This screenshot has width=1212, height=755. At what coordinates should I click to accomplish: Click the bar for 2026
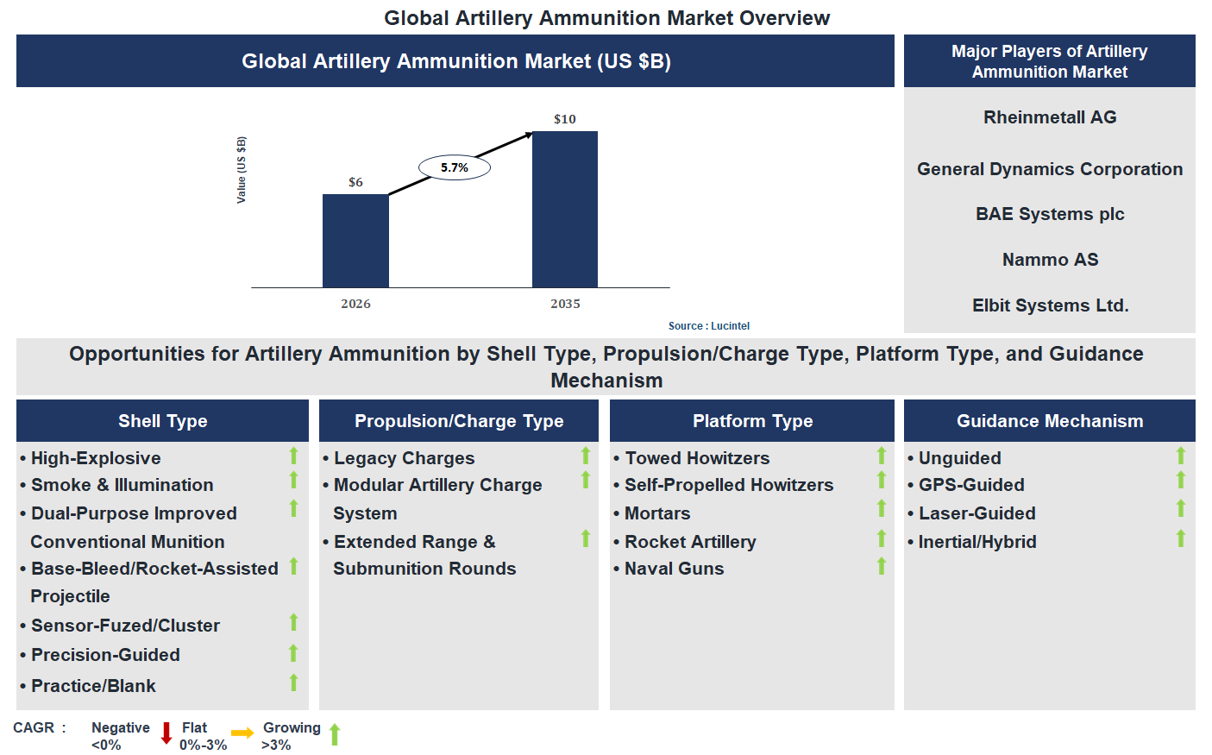click(355, 241)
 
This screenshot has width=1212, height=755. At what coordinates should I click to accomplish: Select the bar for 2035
click(565, 210)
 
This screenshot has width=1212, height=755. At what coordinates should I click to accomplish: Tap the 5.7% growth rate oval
click(455, 167)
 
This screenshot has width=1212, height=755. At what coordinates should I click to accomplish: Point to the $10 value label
click(565, 119)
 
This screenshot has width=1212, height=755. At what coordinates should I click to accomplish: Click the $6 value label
click(355, 182)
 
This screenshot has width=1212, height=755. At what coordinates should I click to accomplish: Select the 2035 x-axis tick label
click(565, 304)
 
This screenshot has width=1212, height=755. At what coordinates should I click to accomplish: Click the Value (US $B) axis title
click(242, 170)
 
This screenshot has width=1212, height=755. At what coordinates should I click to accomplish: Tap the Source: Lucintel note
click(709, 326)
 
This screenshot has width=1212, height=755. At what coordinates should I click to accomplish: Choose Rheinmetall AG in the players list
click(1050, 117)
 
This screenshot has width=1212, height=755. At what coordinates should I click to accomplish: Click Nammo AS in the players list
click(1050, 260)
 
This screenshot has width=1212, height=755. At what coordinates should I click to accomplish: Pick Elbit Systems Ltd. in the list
click(1050, 305)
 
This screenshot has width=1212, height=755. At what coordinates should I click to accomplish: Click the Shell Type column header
click(162, 421)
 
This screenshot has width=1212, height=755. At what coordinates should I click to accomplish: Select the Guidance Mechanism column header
click(1050, 421)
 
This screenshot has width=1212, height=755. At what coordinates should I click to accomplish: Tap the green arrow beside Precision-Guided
click(293, 653)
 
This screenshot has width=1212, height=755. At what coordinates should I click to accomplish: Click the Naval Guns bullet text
click(674, 569)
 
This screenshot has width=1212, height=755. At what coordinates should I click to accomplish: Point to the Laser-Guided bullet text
click(977, 513)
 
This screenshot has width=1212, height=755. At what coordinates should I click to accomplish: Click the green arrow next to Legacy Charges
click(586, 456)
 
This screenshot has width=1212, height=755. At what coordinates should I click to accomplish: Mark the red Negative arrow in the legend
click(166, 733)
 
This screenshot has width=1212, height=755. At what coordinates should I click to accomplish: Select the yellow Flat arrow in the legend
click(242, 733)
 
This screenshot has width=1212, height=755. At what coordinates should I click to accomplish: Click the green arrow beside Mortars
click(882, 508)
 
